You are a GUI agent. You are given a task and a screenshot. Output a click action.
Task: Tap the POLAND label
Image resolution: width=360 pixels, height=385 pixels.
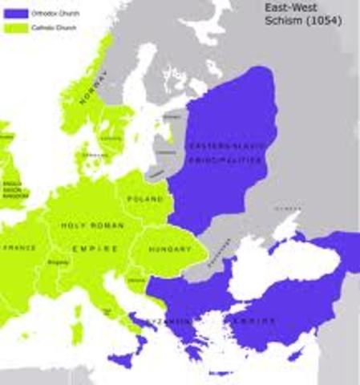145,198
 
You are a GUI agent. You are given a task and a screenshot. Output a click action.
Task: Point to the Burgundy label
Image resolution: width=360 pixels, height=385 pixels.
58,262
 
